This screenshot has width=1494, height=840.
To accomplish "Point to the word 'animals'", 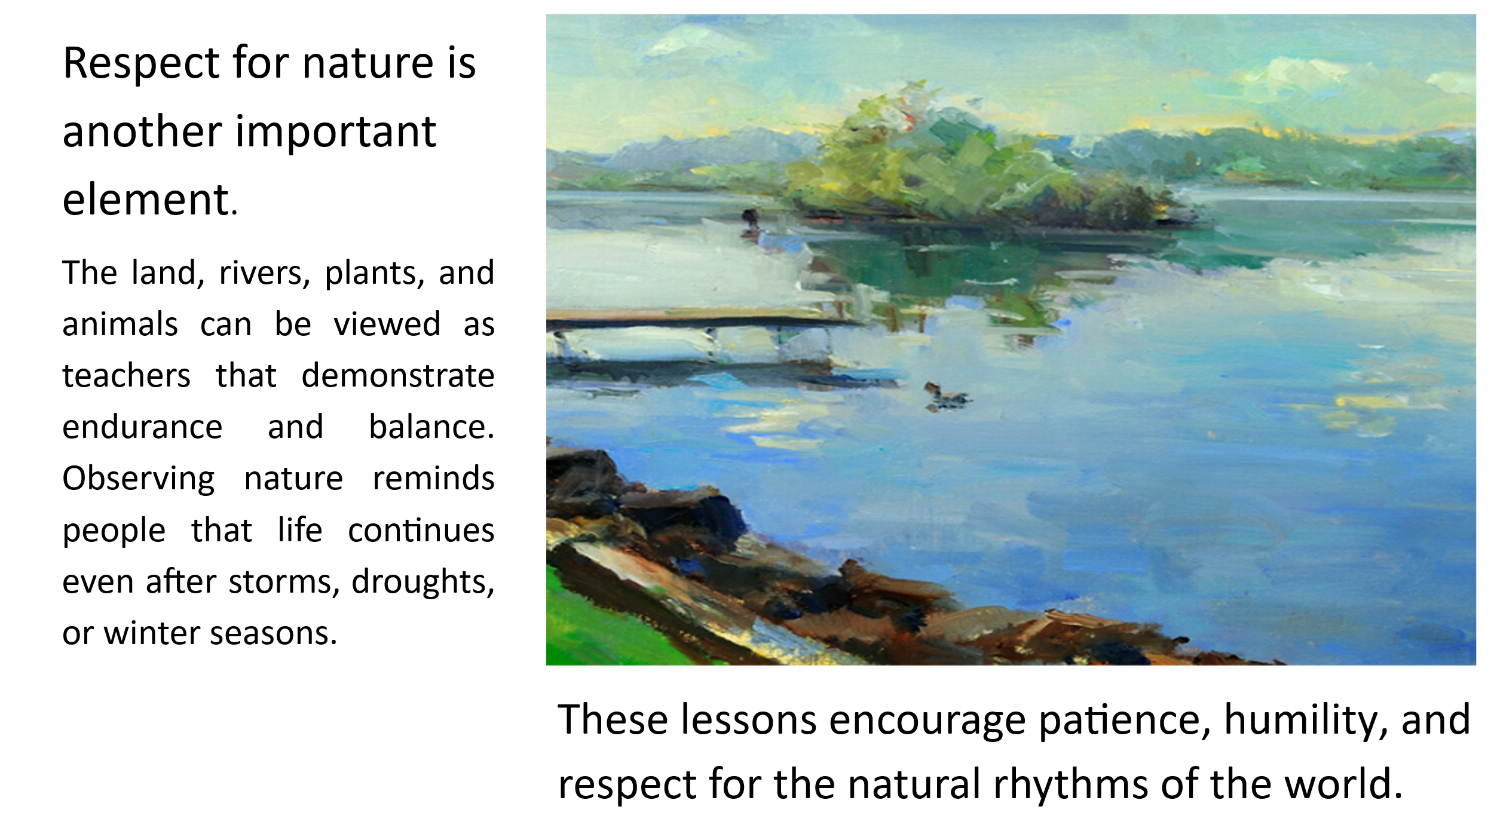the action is click(x=120, y=324).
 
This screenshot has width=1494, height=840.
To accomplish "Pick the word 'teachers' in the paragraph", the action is click(x=126, y=375).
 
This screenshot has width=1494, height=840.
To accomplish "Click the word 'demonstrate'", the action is click(x=398, y=375).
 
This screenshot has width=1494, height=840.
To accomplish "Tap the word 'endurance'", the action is click(x=142, y=427).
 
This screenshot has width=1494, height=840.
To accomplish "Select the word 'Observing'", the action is click(x=138, y=479).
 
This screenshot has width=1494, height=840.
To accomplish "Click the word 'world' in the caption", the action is click(x=1344, y=784).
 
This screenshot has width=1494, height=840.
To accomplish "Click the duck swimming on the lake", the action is click(x=946, y=396).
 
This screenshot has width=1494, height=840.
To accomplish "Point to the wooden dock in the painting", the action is click(x=705, y=341).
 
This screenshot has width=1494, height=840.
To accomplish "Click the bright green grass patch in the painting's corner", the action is click(x=604, y=627).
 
